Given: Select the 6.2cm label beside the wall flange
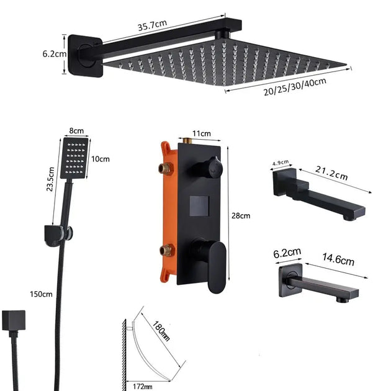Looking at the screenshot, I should tap(55, 53).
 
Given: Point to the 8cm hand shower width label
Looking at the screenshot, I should tap(76, 132).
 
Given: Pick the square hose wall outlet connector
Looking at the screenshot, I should tap(14, 321).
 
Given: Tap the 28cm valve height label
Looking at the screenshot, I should tap(240, 215).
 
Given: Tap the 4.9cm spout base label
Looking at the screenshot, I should tap(281, 164).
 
